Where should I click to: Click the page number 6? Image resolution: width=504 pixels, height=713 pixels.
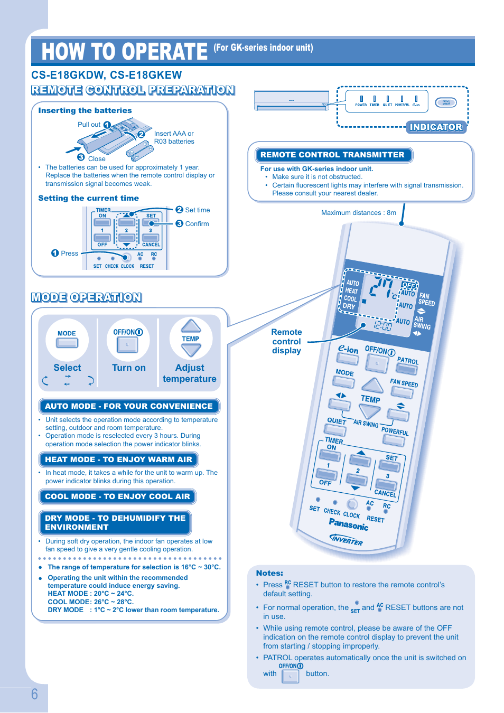(x=34, y=693)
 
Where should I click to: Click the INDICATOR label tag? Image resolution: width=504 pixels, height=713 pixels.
(x=436, y=127)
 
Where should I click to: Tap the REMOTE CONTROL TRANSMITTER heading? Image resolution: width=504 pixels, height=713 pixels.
(x=332, y=155)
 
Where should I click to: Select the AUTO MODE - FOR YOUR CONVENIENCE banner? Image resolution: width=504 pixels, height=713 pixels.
(x=129, y=406)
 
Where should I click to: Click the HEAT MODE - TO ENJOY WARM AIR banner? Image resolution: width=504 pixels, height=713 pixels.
(x=118, y=459)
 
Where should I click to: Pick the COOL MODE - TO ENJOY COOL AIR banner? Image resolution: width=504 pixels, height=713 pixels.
(x=117, y=496)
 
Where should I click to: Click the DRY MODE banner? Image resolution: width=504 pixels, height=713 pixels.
(x=115, y=522)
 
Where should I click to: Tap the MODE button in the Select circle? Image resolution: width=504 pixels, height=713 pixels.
(x=67, y=342)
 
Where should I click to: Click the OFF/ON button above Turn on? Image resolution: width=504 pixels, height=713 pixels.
(x=127, y=344)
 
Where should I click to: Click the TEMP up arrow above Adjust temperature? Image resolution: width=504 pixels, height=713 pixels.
(x=191, y=326)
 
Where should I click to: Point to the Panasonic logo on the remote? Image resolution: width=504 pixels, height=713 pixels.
(x=349, y=524)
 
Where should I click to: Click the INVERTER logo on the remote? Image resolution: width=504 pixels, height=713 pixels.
(x=347, y=539)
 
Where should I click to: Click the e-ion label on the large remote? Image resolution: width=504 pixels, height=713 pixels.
(x=348, y=349)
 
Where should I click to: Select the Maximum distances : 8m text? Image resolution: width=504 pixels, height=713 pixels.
(x=358, y=213)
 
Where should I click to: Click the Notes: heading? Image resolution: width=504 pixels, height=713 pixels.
(x=269, y=573)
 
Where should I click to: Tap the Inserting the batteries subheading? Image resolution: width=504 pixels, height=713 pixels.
(x=85, y=110)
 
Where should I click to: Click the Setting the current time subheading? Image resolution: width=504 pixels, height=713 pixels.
(x=89, y=198)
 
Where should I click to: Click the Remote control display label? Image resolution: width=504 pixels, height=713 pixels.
(x=286, y=341)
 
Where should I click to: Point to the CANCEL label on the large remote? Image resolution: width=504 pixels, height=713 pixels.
(x=385, y=493)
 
